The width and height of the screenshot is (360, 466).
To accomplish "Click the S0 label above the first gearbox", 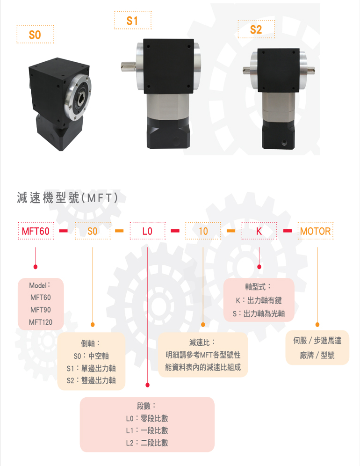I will click(x=35, y=35).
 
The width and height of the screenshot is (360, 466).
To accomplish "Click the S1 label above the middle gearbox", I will click(x=132, y=21).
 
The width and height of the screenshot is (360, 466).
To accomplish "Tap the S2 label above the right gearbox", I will click(x=256, y=30).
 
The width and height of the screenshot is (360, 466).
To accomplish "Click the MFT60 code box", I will click(x=36, y=231).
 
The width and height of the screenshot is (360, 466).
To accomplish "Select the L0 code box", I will click(x=147, y=231).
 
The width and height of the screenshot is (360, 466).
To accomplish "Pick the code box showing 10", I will click(x=203, y=231).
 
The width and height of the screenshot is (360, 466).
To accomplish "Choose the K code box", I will click(x=259, y=231).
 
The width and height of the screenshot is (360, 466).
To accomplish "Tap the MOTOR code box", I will click(x=315, y=231).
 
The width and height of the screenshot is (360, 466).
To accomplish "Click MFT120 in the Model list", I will click(x=41, y=322).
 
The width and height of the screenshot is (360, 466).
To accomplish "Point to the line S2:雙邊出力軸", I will click(x=91, y=380).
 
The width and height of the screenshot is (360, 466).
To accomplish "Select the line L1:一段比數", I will click(x=147, y=430).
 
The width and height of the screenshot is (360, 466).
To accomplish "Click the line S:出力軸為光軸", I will click(x=259, y=313).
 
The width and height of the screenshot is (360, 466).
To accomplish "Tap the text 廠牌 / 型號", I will click(x=317, y=355).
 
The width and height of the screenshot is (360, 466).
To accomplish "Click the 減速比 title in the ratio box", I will click(x=203, y=342).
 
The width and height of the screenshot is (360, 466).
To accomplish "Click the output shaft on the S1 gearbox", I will click(x=128, y=67).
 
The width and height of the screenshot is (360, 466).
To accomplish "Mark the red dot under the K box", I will click(x=259, y=267).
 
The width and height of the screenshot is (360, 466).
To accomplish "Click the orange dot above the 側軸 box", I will click(x=93, y=324).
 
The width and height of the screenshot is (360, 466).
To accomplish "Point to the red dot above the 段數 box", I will click(x=147, y=385).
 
